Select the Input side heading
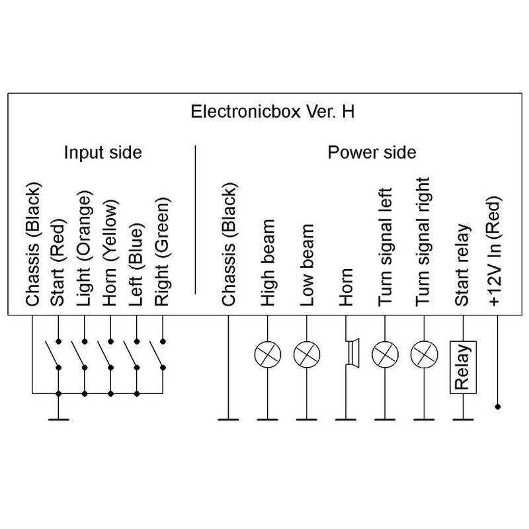tap(102, 153)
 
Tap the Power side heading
tap(372, 153)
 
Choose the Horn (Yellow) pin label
tap(110, 254)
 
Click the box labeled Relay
tap(462, 367)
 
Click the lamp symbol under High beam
tap(266, 354)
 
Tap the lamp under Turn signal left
tap(384, 354)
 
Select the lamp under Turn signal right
tap(423, 354)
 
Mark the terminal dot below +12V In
tap(499, 407)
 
